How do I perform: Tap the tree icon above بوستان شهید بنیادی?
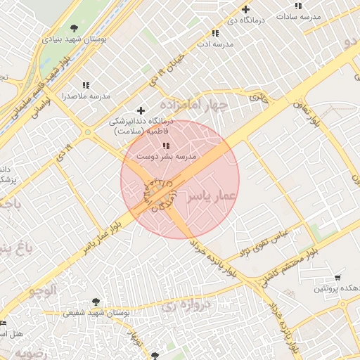pos(75,27)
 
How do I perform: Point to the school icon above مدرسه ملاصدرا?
pos(86,84)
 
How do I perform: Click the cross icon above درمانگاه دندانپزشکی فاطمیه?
pos(141,110)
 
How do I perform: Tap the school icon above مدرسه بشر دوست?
pos(166,146)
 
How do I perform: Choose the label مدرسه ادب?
pos(214,44)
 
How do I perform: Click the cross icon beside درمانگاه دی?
pos(245,10)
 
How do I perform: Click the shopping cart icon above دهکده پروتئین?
pos(338,278)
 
